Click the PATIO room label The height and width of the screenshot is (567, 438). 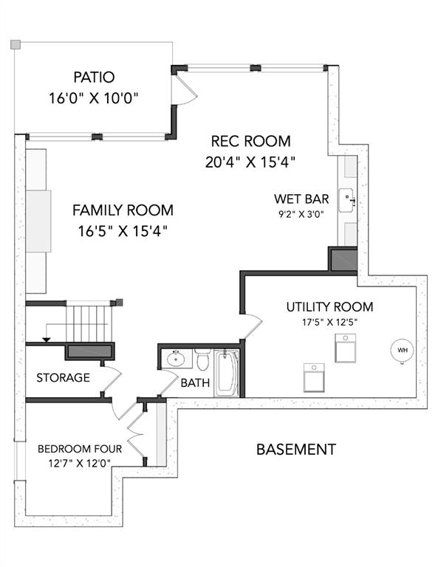click(x=94, y=77)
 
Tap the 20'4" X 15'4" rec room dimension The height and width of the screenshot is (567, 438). click(x=250, y=162)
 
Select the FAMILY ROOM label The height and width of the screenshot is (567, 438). click(x=123, y=210)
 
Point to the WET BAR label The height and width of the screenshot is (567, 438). click(x=301, y=199)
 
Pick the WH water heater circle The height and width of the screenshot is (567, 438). click(x=403, y=350)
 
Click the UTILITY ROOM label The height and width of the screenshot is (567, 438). click(x=329, y=306)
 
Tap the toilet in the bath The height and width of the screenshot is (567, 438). click(x=202, y=359)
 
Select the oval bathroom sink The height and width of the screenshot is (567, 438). click(x=176, y=359)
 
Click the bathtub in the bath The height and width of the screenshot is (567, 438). click(x=227, y=373)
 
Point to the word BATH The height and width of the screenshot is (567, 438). click(x=195, y=382)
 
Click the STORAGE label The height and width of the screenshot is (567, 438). click(x=63, y=377)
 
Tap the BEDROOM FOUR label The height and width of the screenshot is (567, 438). click(x=80, y=449)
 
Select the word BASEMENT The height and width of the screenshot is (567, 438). click(x=296, y=450)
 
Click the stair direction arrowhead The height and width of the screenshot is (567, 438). click(x=47, y=339)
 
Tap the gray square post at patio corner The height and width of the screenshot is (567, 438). click(x=16, y=44)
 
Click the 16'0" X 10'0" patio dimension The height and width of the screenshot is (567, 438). click(x=94, y=98)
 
